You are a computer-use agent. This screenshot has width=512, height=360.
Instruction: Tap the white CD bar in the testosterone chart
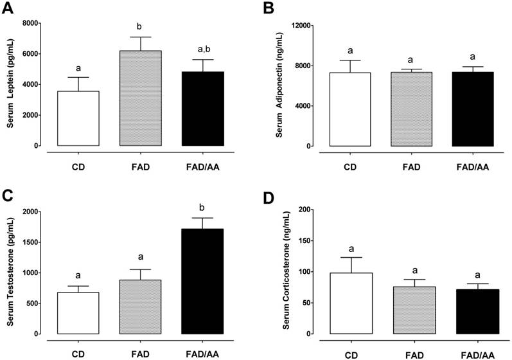click(x=78, y=313)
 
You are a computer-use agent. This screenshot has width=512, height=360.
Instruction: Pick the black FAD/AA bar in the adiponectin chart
click(x=472, y=109)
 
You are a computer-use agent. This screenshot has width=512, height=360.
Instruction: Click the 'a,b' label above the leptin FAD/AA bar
click(x=203, y=49)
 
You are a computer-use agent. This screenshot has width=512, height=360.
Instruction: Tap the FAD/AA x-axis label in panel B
click(x=472, y=168)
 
